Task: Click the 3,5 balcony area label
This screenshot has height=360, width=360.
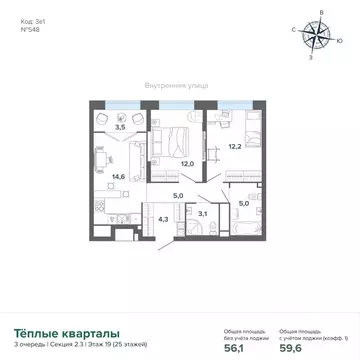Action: point(120,128)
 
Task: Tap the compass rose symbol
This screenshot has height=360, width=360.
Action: point(321,37)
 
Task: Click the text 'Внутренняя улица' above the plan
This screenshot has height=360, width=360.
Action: point(176,86)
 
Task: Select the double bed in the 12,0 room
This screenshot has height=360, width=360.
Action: point(174,130)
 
